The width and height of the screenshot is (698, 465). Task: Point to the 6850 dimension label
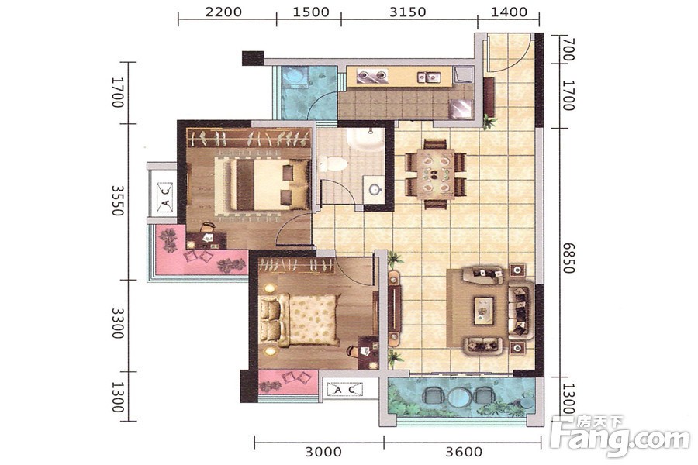pyautogui.click(x=568, y=257)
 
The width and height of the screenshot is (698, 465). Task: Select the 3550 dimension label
pyautogui.click(x=118, y=201)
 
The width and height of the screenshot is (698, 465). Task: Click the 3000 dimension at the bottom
pyautogui.click(x=323, y=452)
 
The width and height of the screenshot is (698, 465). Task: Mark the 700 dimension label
pyautogui.click(x=569, y=50)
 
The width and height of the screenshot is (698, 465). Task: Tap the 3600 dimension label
pyautogui.click(x=464, y=452)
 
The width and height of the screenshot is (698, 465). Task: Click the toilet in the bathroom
pyautogui.click(x=333, y=164)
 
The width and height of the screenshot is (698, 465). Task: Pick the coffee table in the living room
pyautogui.click(x=484, y=310)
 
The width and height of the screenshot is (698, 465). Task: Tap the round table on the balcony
pyautogui.click(x=458, y=397)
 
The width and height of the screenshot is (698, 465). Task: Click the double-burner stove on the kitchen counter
pyautogui.click(x=373, y=77)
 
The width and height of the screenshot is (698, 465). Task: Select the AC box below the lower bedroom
pyautogui.click(x=344, y=390)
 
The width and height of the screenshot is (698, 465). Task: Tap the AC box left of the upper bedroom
pyautogui.click(x=164, y=196)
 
